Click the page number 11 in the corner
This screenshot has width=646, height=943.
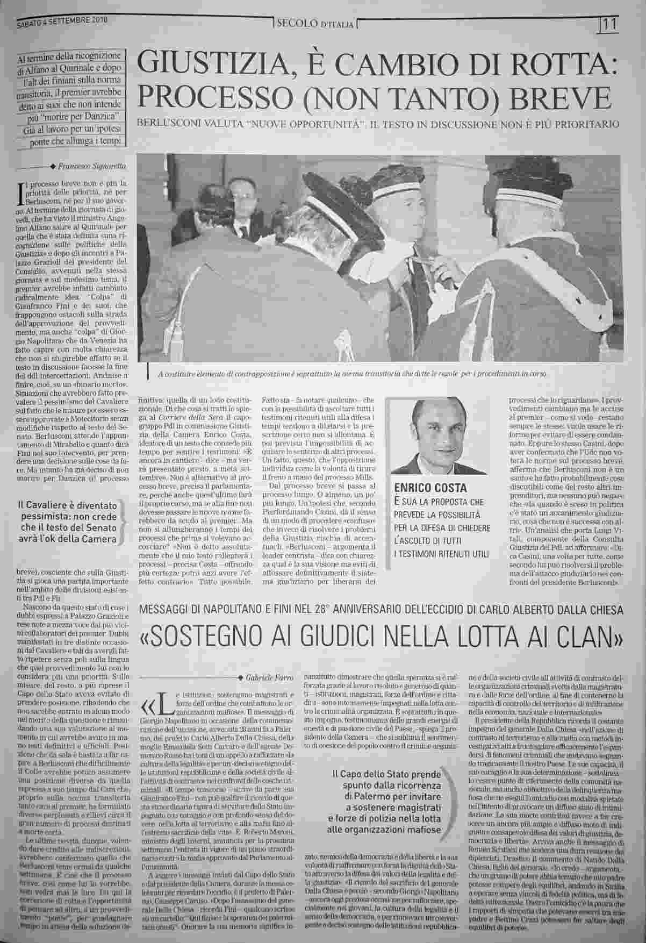click(x=609, y=24)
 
